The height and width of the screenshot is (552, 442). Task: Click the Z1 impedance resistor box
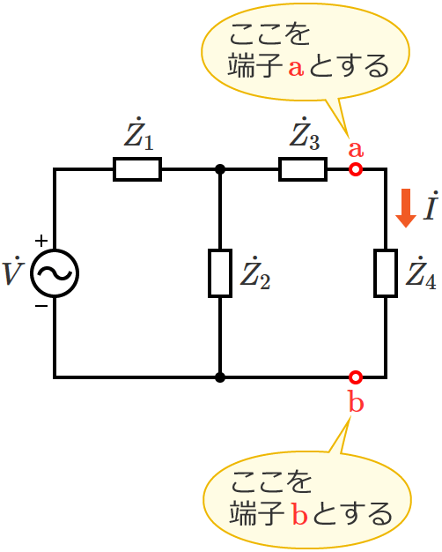[x=137, y=169]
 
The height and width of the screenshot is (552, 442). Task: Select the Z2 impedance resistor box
[x=220, y=273]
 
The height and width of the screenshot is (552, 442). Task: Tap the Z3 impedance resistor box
[x=303, y=169]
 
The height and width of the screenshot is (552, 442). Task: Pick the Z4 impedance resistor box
[x=386, y=273]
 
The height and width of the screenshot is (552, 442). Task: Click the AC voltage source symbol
[x=55, y=273]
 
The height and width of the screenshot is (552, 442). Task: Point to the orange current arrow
[x=405, y=208]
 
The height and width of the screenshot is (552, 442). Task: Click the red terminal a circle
[x=356, y=169]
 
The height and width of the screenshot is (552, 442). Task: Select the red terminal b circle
[x=356, y=377]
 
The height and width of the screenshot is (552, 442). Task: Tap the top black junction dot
[x=220, y=169]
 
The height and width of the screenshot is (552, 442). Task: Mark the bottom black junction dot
[x=220, y=377]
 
